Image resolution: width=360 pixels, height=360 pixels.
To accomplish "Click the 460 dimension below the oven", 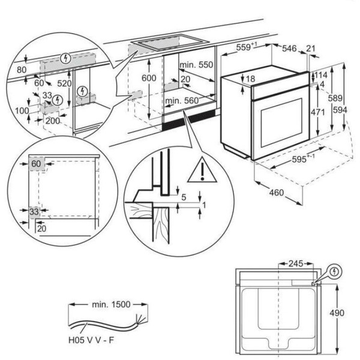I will click(277, 194).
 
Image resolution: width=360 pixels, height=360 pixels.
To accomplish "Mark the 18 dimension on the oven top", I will click(251, 79).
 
